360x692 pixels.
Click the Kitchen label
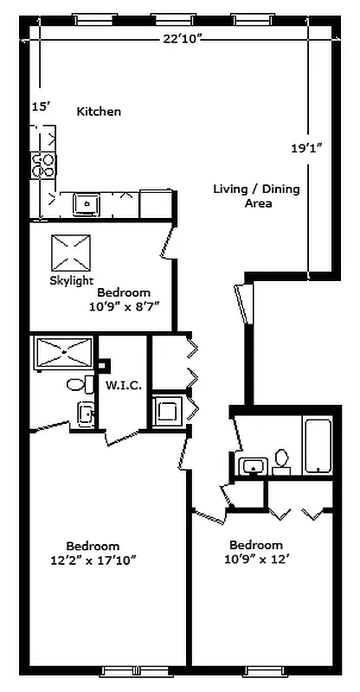click(x=99, y=112)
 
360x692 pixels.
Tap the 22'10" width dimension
click(x=183, y=38)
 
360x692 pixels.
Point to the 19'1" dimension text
click(x=306, y=148)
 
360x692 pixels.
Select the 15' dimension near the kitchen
click(x=42, y=106)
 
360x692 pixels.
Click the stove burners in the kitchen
click(x=43, y=164)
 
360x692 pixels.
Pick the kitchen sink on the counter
click(x=86, y=204)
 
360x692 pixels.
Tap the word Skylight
click(x=71, y=281)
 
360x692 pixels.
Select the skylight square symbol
click(x=72, y=253)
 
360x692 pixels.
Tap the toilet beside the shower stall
click(x=76, y=384)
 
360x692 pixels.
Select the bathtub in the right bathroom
click(x=318, y=445)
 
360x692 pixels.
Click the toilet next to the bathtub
click(x=281, y=459)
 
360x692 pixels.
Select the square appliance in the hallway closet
click(x=166, y=411)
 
